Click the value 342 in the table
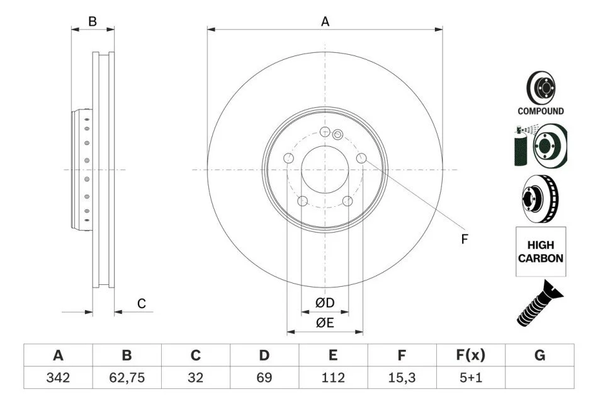[58, 378]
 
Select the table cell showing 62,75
[127, 378]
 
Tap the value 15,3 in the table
[402, 378]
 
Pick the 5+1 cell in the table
[471, 378]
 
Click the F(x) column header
[471, 355]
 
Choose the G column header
[539, 355]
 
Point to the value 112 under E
[333, 378]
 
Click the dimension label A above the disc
[325, 21]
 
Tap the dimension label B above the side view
[93, 21]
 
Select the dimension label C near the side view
[142, 304]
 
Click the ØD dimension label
[325, 303]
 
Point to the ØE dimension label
[325, 323]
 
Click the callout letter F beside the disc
[464, 239]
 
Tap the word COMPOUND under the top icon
[541, 111]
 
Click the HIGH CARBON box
[541, 252]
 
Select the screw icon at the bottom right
[539, 303]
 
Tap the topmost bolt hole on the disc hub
[325, 131]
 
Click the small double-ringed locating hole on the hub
[337, 134]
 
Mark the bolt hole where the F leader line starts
[361, 158]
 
